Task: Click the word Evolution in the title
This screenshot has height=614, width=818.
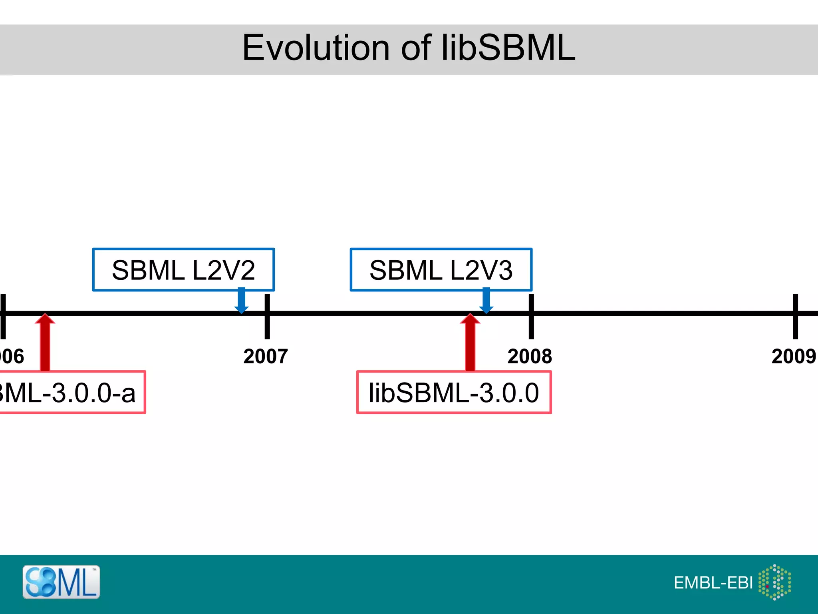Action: (316, 48)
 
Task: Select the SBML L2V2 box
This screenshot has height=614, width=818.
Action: (183, 270)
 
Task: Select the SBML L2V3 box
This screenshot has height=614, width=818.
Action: (441, 270)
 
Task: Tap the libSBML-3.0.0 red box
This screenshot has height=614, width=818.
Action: (454, 393)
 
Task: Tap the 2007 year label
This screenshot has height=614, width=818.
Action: (266, 356)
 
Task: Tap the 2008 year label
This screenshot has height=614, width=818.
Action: (530, 356)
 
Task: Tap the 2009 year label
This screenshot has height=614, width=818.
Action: (793, 356)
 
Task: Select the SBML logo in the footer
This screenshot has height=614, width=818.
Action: (61, 582)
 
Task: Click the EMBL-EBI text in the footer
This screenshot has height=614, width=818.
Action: (713, 583)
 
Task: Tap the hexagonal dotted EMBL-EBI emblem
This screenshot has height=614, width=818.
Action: (774, 582)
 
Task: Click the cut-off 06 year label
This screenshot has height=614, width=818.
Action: (12, 356)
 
